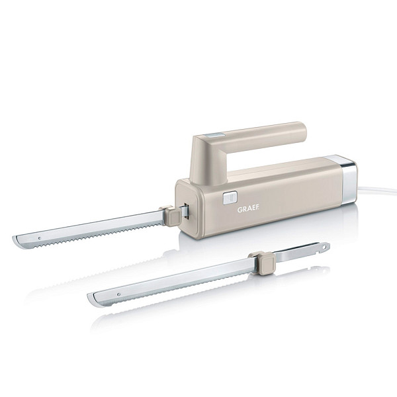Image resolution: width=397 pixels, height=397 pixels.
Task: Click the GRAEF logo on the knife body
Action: point(248,209)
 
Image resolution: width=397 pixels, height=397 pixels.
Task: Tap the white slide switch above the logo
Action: point(230,197)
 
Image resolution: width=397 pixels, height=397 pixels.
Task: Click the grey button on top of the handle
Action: point(214,135)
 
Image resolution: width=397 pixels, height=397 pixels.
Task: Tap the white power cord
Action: point(377,190)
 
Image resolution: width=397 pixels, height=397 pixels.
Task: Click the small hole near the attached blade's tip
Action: point(40,238)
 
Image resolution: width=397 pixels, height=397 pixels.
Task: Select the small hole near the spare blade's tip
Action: point(118,294)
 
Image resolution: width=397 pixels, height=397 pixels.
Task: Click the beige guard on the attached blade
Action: point(171,216)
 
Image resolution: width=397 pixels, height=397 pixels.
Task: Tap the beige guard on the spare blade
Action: point(264,263)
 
